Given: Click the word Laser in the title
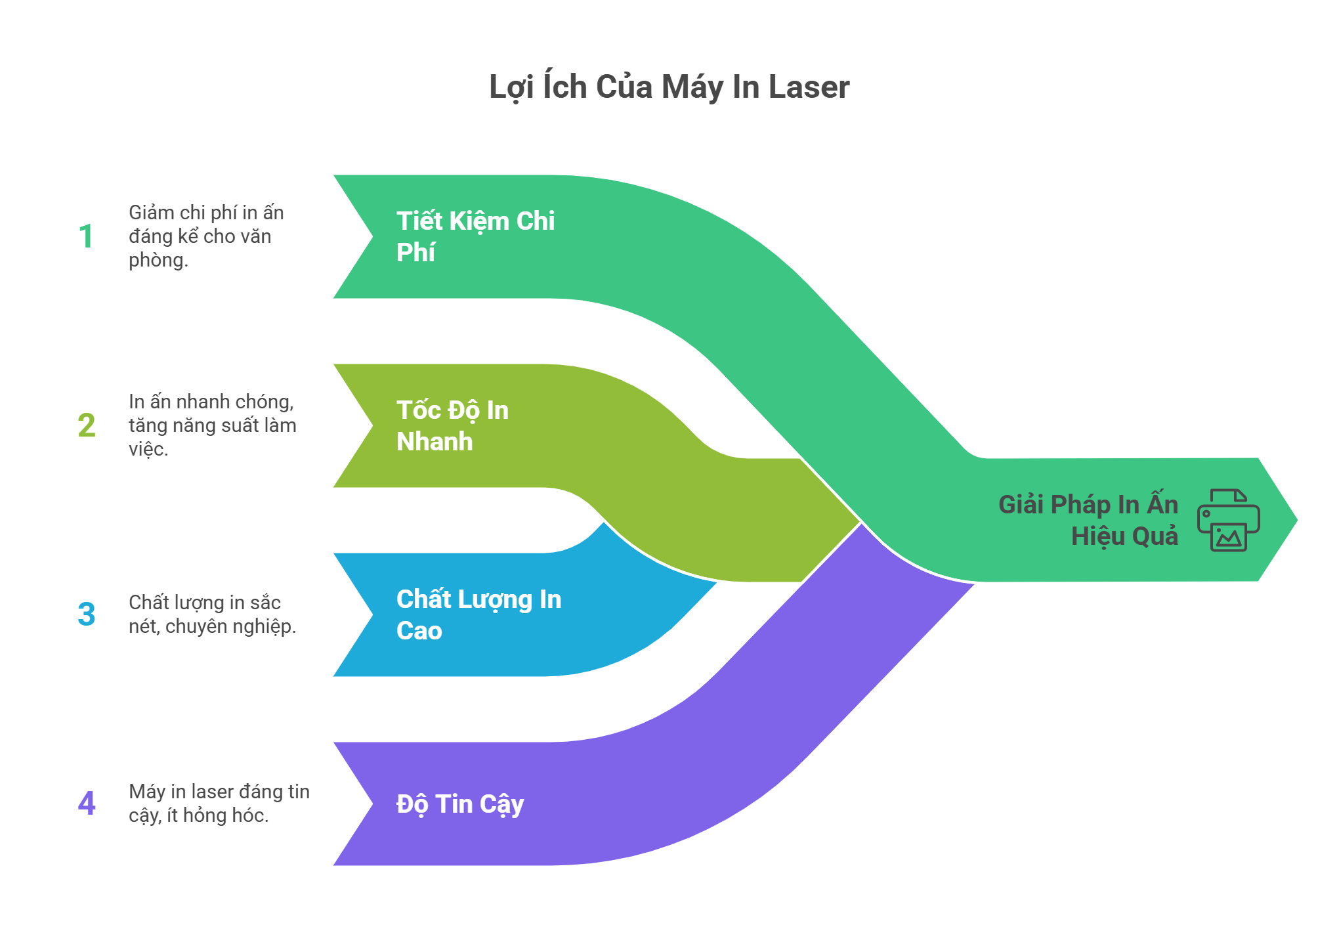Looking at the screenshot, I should [809, 87].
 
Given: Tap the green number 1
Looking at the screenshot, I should [86, 236].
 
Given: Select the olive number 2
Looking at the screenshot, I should [86, 425].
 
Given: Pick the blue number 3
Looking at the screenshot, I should [86, 614].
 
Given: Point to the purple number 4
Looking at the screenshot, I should [86, 804].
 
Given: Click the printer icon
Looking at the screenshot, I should [1228, 520].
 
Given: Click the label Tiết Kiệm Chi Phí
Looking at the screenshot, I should [475, 236].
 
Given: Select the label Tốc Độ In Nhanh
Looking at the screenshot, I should [452, 425].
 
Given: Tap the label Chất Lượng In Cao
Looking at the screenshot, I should [478, 614].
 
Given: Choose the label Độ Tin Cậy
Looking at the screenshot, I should [459, 804].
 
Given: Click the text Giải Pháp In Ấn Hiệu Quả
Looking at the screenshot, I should [1088, 520].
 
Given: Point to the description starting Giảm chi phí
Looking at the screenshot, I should [205, 236].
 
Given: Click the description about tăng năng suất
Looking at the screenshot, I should [211, 425].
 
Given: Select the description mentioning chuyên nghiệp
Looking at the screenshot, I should [211, 614].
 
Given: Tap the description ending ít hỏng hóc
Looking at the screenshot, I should [218, 804].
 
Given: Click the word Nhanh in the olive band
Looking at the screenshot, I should [435, 442].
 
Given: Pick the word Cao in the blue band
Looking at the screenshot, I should [419, 631].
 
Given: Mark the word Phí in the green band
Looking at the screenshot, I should [415, 253].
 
